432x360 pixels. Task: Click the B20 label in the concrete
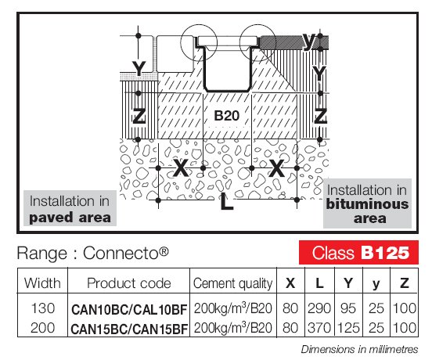(x=226, y=116)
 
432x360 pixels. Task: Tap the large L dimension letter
(x=227, y=202)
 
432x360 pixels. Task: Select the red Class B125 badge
(x=358, y=252)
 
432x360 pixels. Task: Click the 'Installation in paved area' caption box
(x=70, y=208)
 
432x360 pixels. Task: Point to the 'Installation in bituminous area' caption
(x=367, y=203)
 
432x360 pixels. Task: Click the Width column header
(x=42, y=283)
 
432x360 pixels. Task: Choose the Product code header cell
(x=129, y=283)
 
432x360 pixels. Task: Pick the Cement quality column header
(x=232, y=283)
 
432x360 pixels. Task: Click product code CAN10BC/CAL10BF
(x=129, y=309)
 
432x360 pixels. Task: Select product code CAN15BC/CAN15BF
(x=129, y=329)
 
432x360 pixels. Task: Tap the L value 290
(x=319, y=308)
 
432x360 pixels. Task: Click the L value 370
(x=319, y=328)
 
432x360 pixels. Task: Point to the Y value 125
(x=348, y=328)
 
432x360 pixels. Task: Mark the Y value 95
(x=348, y=308)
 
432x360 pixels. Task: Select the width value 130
(x=43, y=308)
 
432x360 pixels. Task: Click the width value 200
(x=43, y=328)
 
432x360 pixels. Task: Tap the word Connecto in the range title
(x=121, y=253)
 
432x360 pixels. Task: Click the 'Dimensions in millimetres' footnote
(x=359, y=349)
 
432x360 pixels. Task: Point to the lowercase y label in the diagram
(x=309, y=41)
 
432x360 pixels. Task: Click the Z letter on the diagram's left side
(x=139, y=116)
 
